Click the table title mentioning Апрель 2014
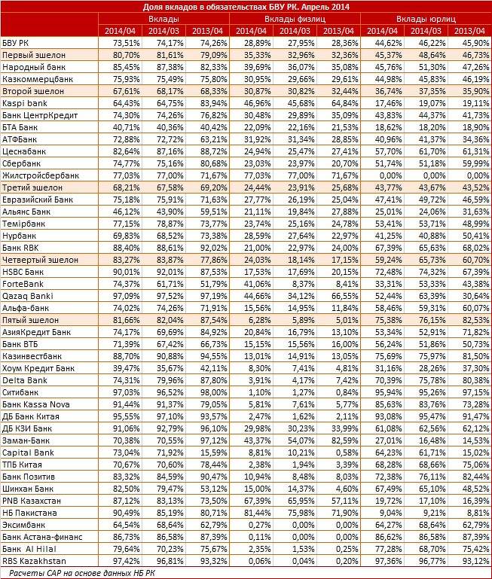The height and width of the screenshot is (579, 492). click(246, 7)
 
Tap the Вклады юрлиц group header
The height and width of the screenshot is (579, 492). click(425, 18)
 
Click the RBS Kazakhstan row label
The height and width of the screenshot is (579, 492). click(34, 561)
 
